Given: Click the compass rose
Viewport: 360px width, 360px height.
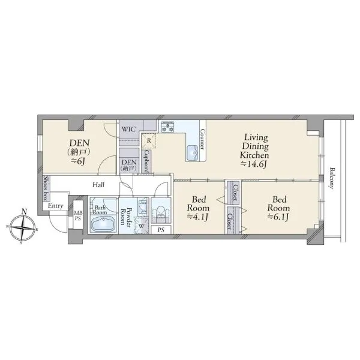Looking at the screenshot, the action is pos(23,227).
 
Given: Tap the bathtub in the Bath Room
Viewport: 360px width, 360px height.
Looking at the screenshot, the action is pos(103,224).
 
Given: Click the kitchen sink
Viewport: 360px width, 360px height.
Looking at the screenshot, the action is pos(194,153).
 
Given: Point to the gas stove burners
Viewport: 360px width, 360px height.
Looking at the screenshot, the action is pos(167,127).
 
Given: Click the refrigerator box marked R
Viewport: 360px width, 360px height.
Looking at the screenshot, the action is pos(149,140).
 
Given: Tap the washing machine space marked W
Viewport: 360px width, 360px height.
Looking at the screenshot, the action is pos(142,226).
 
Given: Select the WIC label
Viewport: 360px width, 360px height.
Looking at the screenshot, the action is pos(129,129).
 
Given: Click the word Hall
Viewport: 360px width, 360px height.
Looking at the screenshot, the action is pos(98,185).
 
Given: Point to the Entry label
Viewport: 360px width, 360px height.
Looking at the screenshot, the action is pos(55,206).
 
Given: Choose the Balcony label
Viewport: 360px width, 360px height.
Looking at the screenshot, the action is pos(332,178).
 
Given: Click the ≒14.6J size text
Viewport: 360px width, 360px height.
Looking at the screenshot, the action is pos(254,164).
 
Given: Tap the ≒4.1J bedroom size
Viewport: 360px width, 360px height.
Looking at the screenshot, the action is pos(198,217).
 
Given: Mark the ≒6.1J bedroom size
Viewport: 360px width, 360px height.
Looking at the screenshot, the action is pos(278,217).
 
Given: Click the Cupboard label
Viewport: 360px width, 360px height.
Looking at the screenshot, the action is pos(147,161).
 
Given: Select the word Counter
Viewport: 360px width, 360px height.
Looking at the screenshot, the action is pos(202,139).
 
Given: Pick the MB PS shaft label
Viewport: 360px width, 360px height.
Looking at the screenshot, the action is pos(78,216).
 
